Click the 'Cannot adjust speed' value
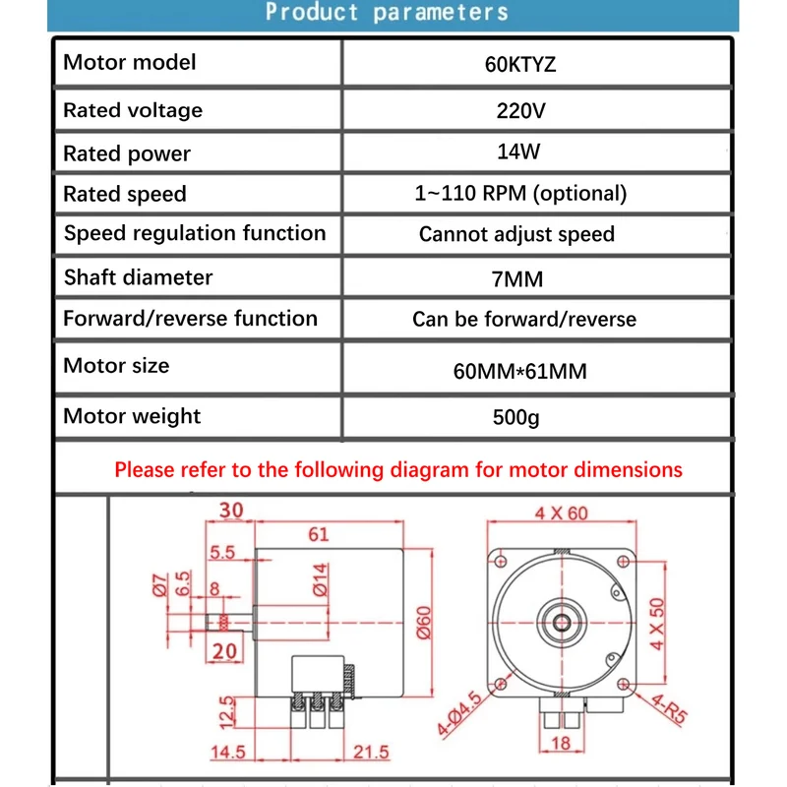516,234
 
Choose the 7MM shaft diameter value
517,279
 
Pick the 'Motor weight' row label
132,416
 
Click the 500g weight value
516,417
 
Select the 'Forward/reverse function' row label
190,319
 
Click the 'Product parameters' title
387,13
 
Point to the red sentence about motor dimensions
397,469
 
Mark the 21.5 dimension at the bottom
370,753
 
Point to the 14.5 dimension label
227,753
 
